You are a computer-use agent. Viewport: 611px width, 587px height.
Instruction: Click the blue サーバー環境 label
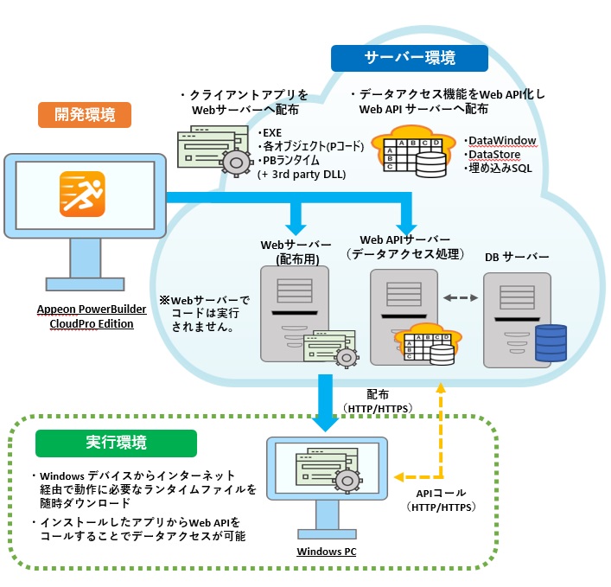click(410, 58)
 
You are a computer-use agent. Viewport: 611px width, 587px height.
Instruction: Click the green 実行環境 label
click(116, 442)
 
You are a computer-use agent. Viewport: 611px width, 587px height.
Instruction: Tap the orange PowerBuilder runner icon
click(83, 194)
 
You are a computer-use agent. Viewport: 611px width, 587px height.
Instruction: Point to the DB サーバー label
click(517, 257)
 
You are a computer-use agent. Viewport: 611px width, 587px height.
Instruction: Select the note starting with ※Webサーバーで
click(204, 314)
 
